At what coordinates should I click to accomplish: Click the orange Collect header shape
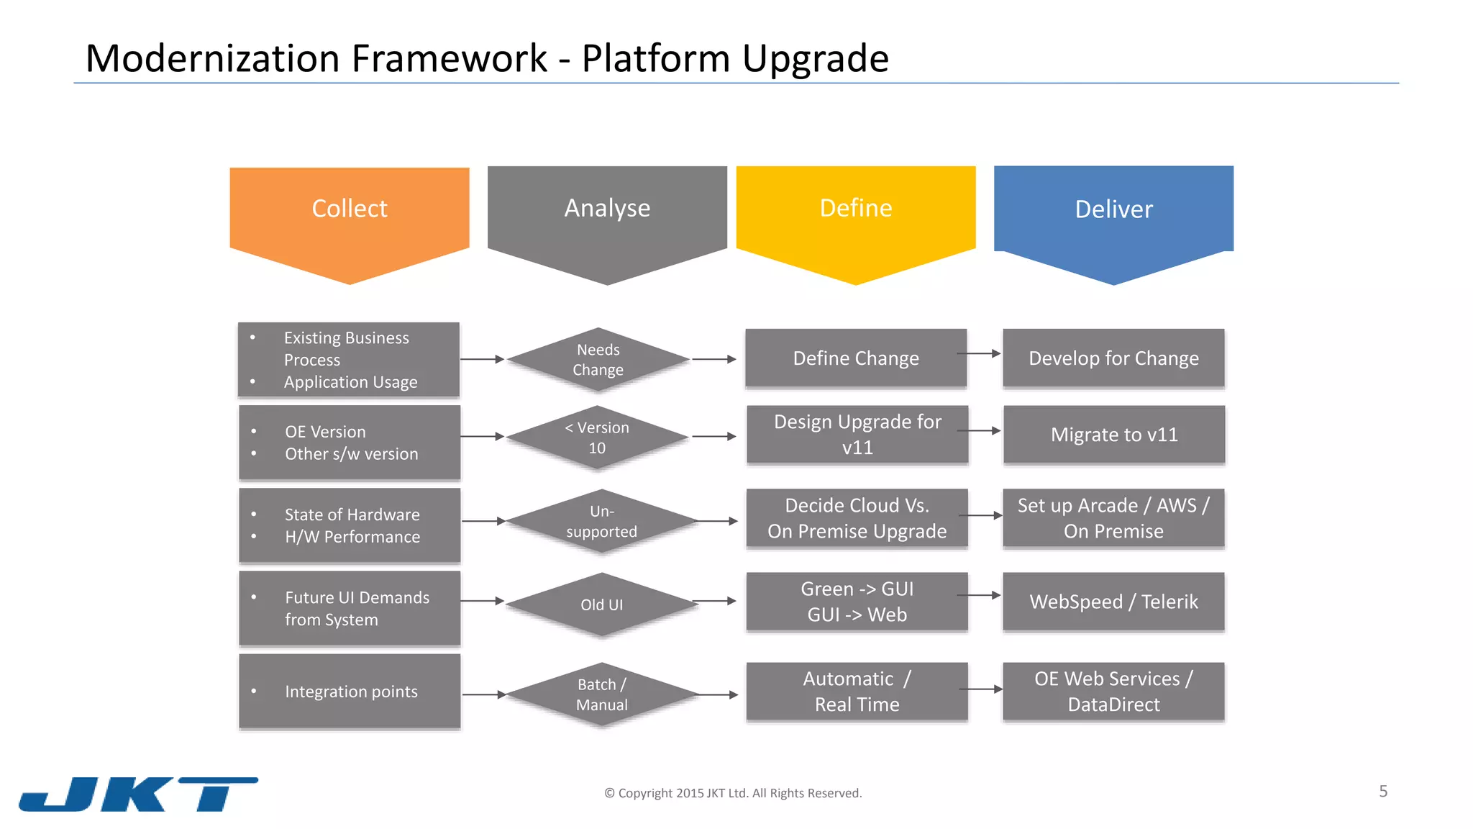(x=350, y=216)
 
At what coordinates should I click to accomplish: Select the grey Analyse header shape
(x=607, y=216)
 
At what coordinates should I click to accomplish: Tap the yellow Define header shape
(x=856, y=216)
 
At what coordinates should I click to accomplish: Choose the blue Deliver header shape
(x=1113, y=216)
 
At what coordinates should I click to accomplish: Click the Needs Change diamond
(x=598, y=359)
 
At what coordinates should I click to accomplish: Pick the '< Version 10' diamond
(x=598, y=437)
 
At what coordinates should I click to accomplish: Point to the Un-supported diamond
(x=601, y=521)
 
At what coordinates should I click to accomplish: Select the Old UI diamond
(x=601, y=604)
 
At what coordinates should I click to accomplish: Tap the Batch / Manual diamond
(x=602, y=694)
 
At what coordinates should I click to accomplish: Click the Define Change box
(x=856, y=358)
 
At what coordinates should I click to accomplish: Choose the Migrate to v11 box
(x=1113, y=434)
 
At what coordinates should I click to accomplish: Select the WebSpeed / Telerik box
(x=1113, y=601)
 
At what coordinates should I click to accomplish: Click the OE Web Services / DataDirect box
(x=1113, y=691)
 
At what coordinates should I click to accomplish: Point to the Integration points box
(x=350, y=691)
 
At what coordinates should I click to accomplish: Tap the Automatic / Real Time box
(x=857, y=691)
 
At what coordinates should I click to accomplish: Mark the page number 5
(x=1383, y=792)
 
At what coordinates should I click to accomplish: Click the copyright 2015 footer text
(x=733, y=793)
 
